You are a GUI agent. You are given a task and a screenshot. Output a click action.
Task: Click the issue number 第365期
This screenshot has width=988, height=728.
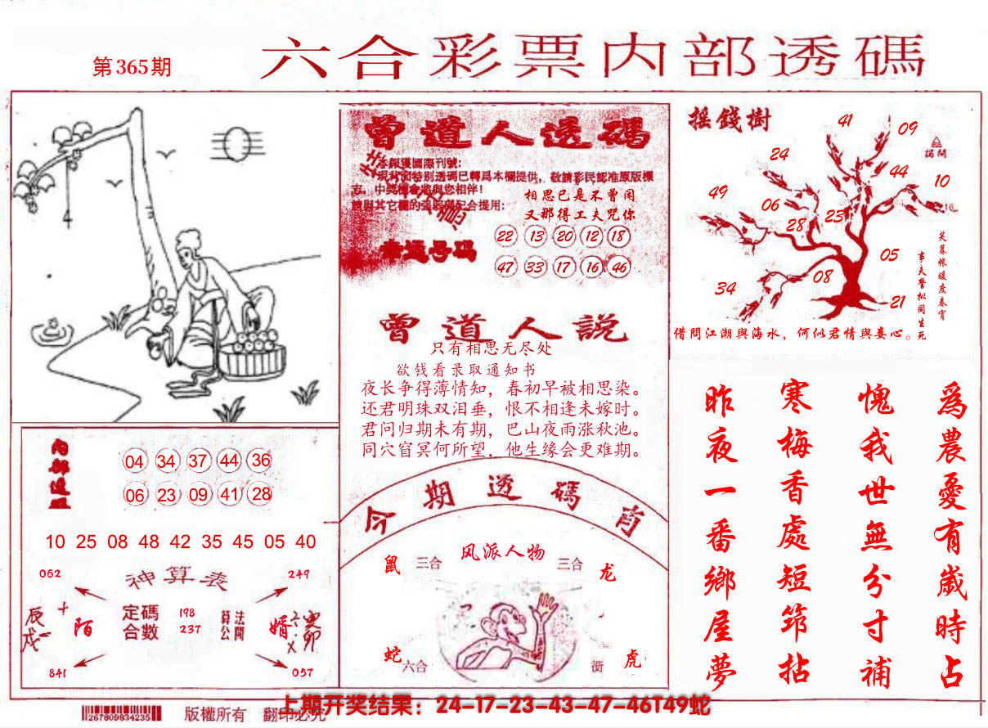click(132, 67)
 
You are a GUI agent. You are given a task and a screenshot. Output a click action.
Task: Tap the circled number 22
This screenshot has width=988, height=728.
click(506, 236)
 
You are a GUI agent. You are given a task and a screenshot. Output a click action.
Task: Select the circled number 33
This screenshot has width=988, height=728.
click(535, 267)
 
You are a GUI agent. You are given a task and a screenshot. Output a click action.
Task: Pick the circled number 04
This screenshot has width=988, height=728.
click(134, 461)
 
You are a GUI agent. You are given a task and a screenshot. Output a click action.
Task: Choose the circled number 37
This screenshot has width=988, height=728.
click(197, 461)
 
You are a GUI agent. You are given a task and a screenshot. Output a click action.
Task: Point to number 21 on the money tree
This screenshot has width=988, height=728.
click(897, 302)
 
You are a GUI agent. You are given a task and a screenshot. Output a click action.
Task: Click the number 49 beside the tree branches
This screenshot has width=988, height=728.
click(718, 193)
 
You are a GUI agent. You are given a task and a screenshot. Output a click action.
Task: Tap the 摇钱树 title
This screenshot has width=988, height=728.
click(721, 120)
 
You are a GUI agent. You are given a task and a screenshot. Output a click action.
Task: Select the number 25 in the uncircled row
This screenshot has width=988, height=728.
click(86, 542)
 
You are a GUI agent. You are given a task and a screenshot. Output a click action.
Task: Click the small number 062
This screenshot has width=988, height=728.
click(50, 573)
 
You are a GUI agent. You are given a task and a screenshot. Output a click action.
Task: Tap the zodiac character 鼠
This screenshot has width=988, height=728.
click(393, 564)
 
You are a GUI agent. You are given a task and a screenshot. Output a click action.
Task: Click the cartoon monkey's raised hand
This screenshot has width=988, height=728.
click(543, 606)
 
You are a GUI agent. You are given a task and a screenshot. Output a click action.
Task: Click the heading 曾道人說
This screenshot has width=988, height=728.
click(502, 327)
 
